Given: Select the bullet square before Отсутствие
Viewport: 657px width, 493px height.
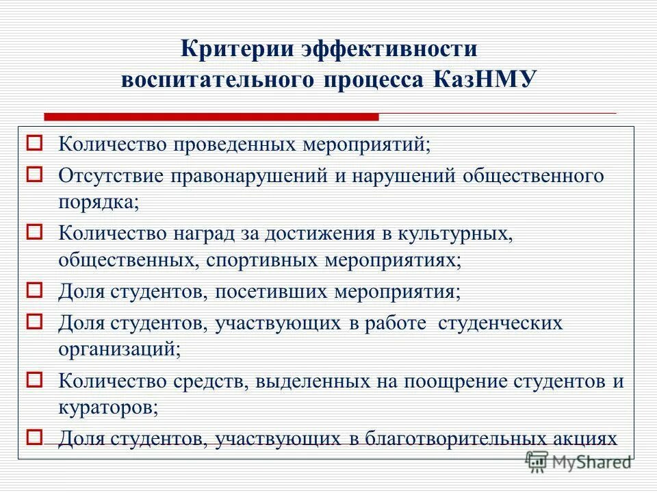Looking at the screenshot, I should coord(36,173).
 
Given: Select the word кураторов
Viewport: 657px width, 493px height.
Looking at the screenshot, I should coord(107,409).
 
